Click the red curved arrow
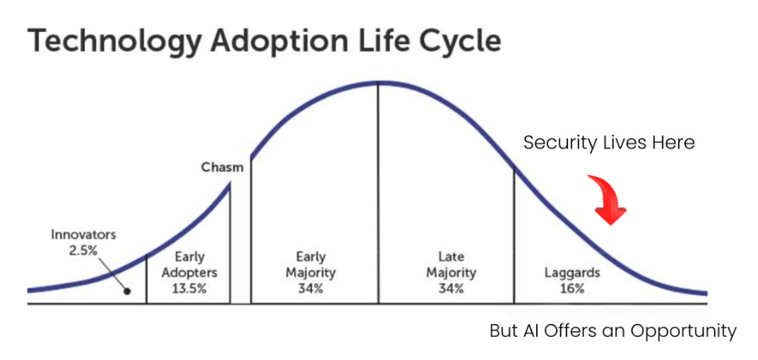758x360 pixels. pyautogui.click(x=607, y=199)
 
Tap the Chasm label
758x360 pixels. pyautogui.click(x=222, y=168)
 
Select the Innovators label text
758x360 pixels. pyautogui.click(x=83, y=235)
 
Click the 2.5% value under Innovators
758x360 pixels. pyautogui.click(x=83, y=250)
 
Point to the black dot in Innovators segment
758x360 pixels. pyautogui.click(x=127, y=291)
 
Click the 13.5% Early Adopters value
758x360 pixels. pyautogui.click(x=189, y=288)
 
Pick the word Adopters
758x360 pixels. pyautogui.click(x=189, y=273)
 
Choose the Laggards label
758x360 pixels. pyautogui.click(x=571, y=273)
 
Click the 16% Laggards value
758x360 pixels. pyautogui.click(x=571, y=288)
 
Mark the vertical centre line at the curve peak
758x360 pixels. pyautogui.click(x=378, y=192)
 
